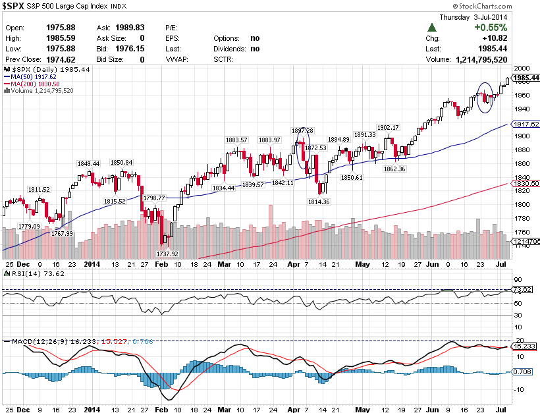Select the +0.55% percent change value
[x=491, y=28]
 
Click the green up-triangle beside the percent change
[x=431, y=28]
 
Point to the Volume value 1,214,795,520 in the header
[x=481, y=59]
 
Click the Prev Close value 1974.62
[x=60, y=59]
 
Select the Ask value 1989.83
[x=130, y=28]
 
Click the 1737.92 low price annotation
[x=168, y=254]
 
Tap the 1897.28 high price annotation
[x=302, y=130]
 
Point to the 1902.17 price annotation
[x=388, y=127]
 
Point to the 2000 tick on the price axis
[x=522, y=69]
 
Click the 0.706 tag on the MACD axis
[x=522, y=372]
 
